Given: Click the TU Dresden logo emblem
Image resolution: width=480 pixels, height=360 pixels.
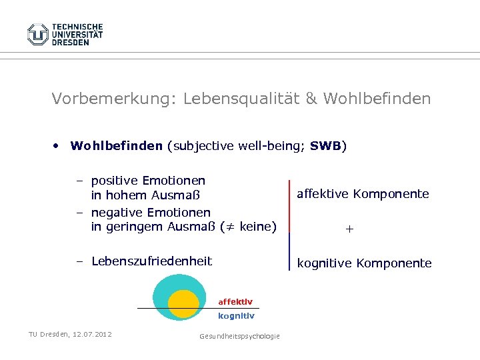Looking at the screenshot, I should coord(38,34).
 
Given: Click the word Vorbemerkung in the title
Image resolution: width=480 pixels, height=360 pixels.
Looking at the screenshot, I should coord(109,99).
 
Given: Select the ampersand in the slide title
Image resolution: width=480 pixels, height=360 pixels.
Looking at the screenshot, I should coord(311,99).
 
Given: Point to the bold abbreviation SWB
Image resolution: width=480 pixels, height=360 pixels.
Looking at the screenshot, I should coord(325,145).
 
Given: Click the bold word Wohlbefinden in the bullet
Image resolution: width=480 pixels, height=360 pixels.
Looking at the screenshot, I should coord(116,145).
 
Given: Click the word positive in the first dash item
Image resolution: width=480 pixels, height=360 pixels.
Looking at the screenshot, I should coord(113,181).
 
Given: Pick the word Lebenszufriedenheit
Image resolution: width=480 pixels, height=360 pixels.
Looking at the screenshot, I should coord(151,261).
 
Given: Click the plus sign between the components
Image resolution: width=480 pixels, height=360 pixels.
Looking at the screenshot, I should coord(350,229).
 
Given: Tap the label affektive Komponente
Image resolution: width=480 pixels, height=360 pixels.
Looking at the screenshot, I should coord(363,194).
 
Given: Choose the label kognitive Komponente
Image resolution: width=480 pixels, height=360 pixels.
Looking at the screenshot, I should coord(364,263).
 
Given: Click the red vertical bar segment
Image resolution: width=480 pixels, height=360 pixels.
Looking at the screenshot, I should coord(289,205).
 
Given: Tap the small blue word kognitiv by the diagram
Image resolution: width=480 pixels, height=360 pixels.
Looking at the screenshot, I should coord(235,316).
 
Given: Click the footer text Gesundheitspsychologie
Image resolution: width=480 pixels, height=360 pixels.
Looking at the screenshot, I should coord(239,336).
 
